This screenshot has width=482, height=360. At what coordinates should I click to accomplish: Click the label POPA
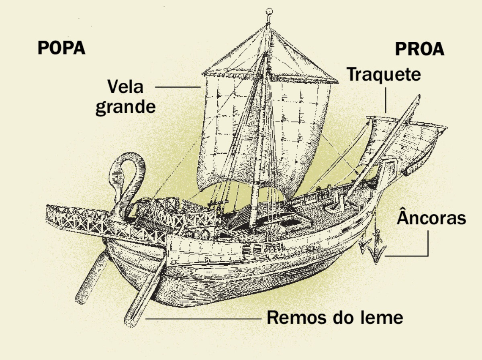tap(61, 48)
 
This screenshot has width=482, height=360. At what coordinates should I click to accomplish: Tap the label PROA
tap(420, 49)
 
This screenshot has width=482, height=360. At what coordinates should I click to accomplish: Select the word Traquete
tap(384, 74)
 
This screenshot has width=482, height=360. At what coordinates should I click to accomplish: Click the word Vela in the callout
tap(125, 87)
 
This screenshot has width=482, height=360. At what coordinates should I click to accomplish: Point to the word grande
tap(125, 107)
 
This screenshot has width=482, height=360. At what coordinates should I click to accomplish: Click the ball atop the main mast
tap(270, 11)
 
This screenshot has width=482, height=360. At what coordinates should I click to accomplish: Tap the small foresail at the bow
tap(418, 140)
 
